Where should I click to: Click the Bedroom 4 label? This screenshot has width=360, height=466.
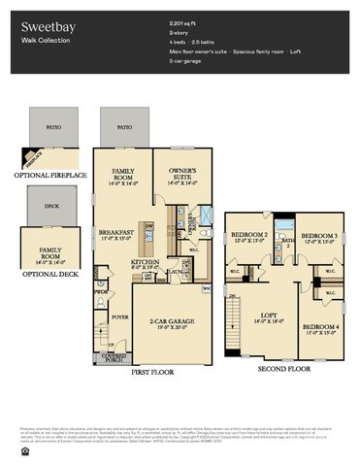[320, 328]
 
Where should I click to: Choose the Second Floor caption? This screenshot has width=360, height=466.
[284, 369]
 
